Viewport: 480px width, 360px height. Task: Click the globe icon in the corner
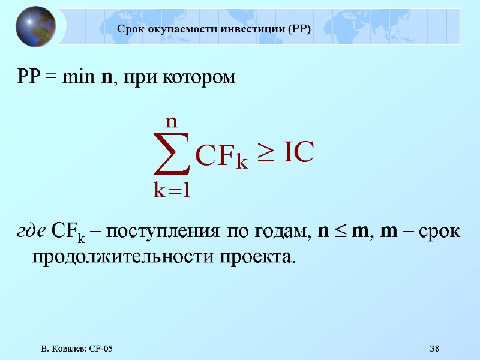(x=35, y=26)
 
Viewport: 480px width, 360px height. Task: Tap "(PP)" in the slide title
(x=299, y=29)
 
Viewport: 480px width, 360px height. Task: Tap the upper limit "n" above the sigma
(x=171, y=121)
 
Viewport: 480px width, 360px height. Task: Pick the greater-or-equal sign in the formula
(x=266, y=155)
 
